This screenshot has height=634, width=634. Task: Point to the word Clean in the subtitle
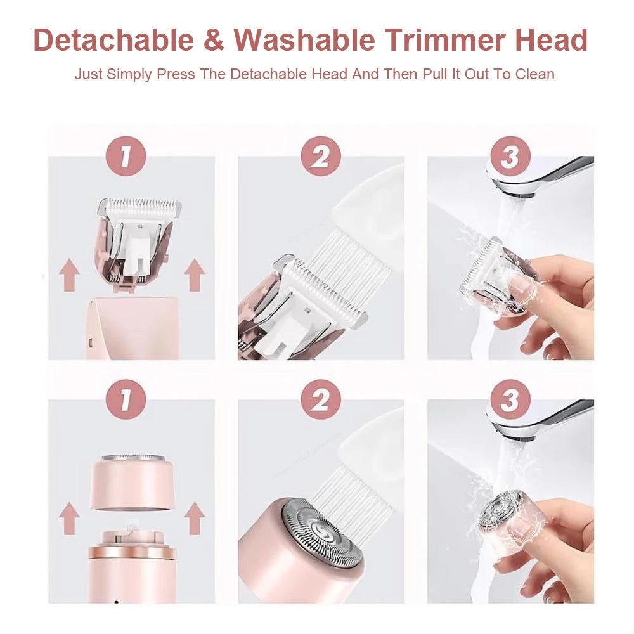pos(534,74)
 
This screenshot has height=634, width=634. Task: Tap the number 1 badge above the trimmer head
pos(126,157)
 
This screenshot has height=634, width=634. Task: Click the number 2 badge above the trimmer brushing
pos(320,157)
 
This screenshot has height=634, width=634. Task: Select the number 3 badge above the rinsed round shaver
pos(510,400)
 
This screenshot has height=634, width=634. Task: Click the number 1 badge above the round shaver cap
pos(126,400)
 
